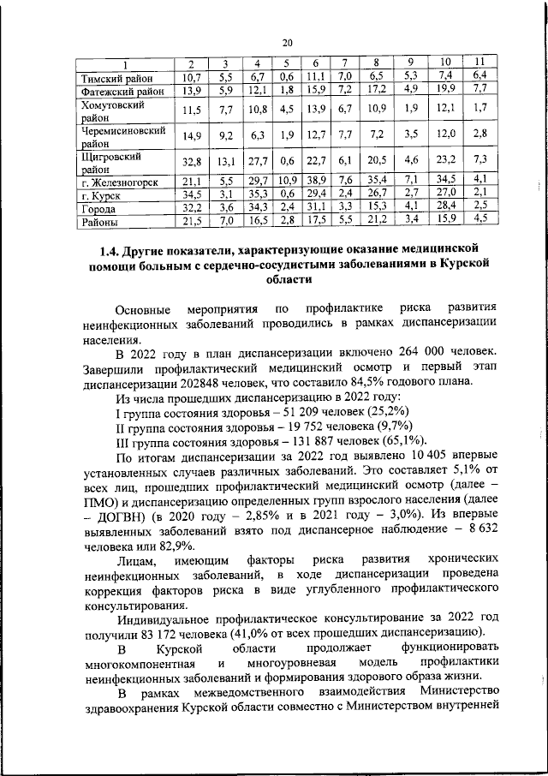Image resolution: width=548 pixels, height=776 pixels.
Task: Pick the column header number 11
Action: click(479, 63)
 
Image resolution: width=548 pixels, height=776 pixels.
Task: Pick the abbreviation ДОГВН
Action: click(117, 522)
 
